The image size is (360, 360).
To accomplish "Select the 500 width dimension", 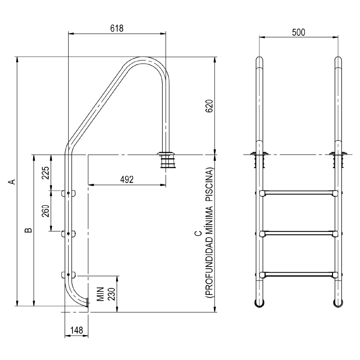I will coord(298,32).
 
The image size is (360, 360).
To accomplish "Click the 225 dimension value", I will coord(45,173).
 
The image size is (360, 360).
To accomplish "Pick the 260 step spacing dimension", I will coord(45,211).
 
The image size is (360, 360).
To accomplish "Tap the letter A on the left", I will coord(13,181).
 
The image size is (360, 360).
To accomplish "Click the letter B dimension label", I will coord(27,230).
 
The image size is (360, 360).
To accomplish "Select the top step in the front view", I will coord(298,193).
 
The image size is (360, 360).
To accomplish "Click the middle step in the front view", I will coord(298,234).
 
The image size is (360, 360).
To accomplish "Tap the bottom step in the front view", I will coord(298,275).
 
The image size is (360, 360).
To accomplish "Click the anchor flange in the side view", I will coord(166,153).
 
